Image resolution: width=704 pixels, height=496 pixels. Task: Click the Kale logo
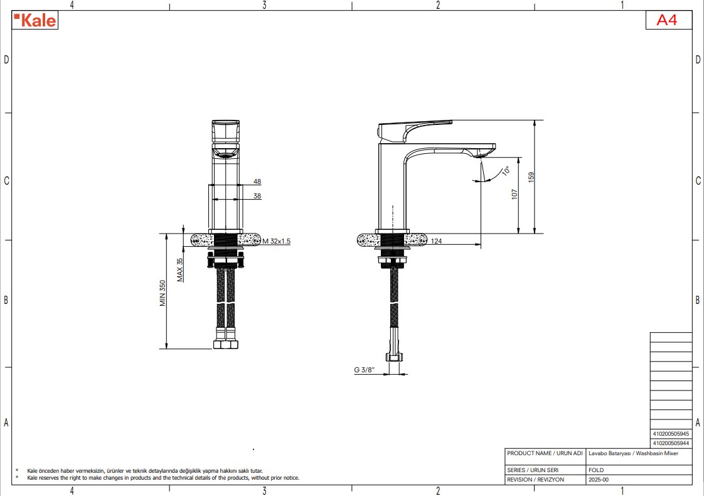(x=35, y=20)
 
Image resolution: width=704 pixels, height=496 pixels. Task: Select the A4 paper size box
(x=668, y=19)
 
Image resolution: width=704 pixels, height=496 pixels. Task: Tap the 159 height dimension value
(x=531, y=177)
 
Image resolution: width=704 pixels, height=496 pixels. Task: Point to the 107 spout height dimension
(x=515, y=194)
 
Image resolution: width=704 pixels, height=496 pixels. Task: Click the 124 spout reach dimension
(x=437, y=241)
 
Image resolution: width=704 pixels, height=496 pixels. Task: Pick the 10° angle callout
(x=506, y=171)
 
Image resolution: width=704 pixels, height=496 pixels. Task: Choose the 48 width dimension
(x=257, y=181)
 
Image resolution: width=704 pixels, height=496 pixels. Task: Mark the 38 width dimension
(x=257, y=196)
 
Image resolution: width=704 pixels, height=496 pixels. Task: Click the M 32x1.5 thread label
(x=277, y=241)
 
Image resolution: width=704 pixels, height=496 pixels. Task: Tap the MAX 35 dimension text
(x=180, y=269)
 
